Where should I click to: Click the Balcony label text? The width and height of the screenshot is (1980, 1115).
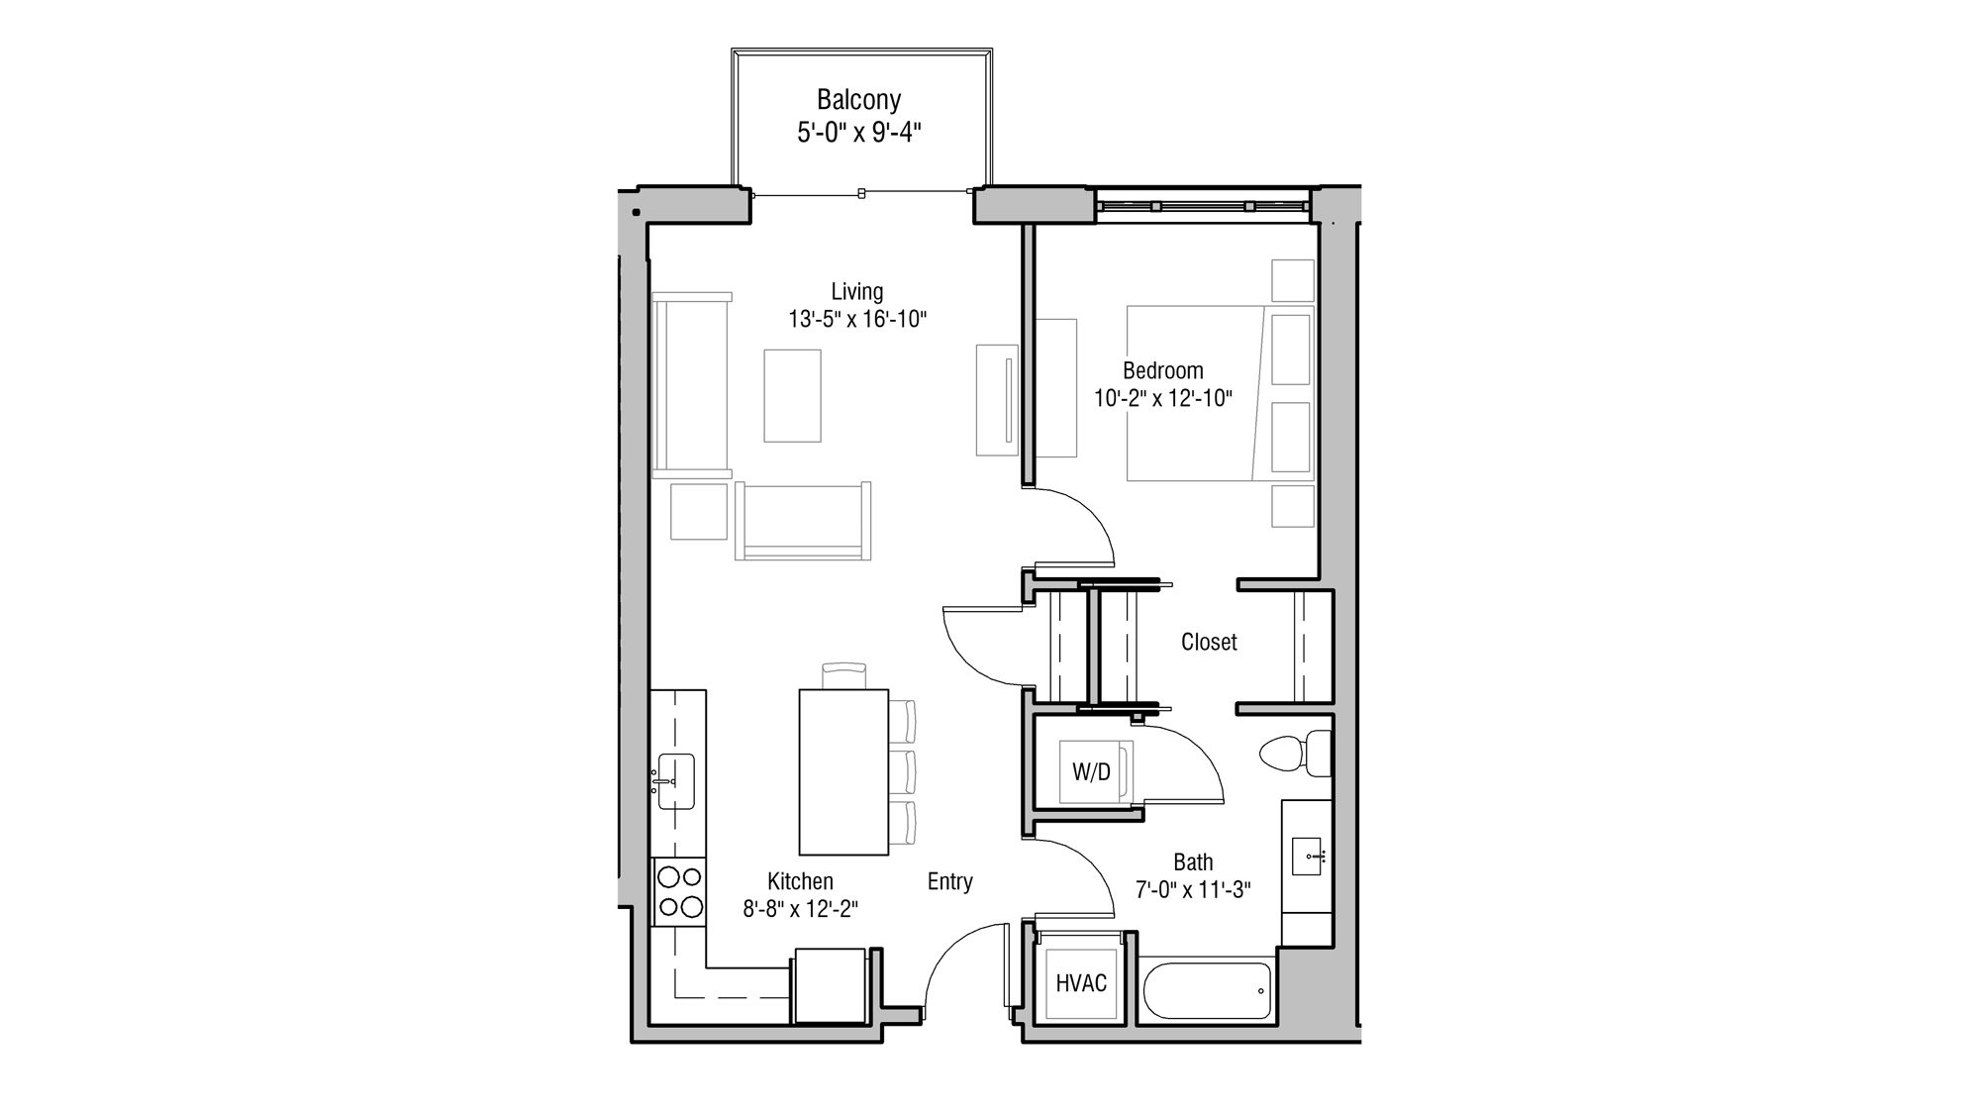(x=858, y=100)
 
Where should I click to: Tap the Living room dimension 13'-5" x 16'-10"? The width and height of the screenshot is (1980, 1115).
(x=857, y=320)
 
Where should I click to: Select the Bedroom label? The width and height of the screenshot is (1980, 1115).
(x=1162, y=371)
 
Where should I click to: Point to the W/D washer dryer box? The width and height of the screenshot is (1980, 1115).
(x=1091, y=772)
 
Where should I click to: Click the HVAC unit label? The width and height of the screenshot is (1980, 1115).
(x=1081, y=983)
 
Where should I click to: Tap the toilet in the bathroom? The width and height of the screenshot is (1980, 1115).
(x=1295, y=754)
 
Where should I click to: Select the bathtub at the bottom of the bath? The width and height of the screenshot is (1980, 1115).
(x=1207, y=990)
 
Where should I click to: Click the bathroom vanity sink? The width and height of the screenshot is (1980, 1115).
(x=1307, y=856)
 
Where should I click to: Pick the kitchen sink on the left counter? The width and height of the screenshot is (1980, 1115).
(x=675, y=781)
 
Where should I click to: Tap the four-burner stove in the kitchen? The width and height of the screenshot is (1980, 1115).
(x=679, y=891)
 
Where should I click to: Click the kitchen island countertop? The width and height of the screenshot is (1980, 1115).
(x=843, y=772)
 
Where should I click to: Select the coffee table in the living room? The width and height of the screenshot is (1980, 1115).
(x=792, y=395)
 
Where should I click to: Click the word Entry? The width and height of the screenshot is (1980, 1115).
(x=949, y=881)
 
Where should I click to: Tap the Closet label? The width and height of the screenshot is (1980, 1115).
(x=1209, y=642)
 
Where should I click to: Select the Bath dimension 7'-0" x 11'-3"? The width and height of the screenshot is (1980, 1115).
(x=1193, y=890)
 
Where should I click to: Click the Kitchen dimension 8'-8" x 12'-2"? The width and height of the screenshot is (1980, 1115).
(x=800, y=909)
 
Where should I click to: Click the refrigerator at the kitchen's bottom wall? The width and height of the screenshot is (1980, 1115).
(x=831, y=984)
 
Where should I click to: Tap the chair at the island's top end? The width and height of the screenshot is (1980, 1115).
(x=843, y=675)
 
